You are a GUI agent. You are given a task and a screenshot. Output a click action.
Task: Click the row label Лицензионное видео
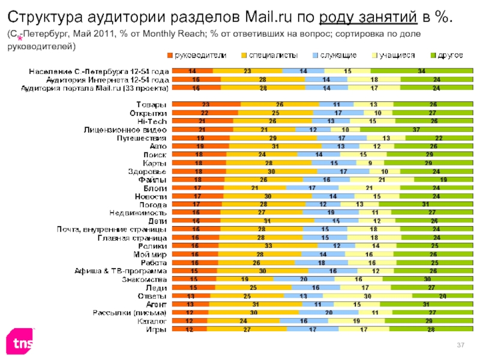[126, 129]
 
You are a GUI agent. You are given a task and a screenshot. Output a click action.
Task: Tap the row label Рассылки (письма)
[130, 312]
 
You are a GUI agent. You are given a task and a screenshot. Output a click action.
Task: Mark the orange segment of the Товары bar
[206, 104]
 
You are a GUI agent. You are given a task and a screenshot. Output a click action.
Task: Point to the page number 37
[461, 343]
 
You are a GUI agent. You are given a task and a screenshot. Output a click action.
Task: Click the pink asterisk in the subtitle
[19, 39]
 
